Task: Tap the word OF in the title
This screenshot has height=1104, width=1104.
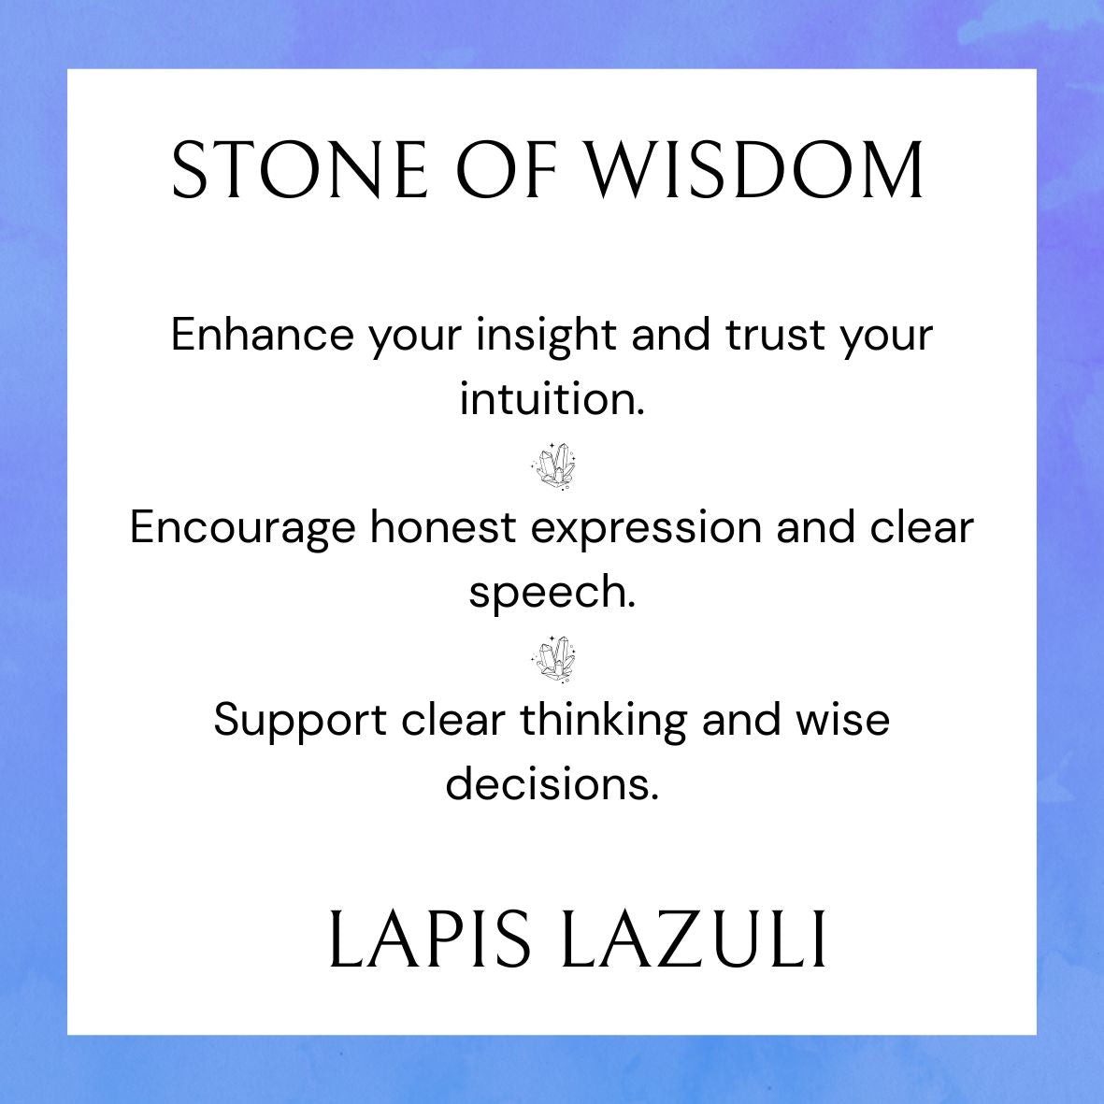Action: coord(501,171)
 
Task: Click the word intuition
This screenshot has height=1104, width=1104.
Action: coord(552,399)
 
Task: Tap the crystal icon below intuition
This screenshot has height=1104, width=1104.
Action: coord(553,466)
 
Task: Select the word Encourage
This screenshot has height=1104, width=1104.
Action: coord(242,528)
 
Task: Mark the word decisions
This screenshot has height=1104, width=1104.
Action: coord(552,783)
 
